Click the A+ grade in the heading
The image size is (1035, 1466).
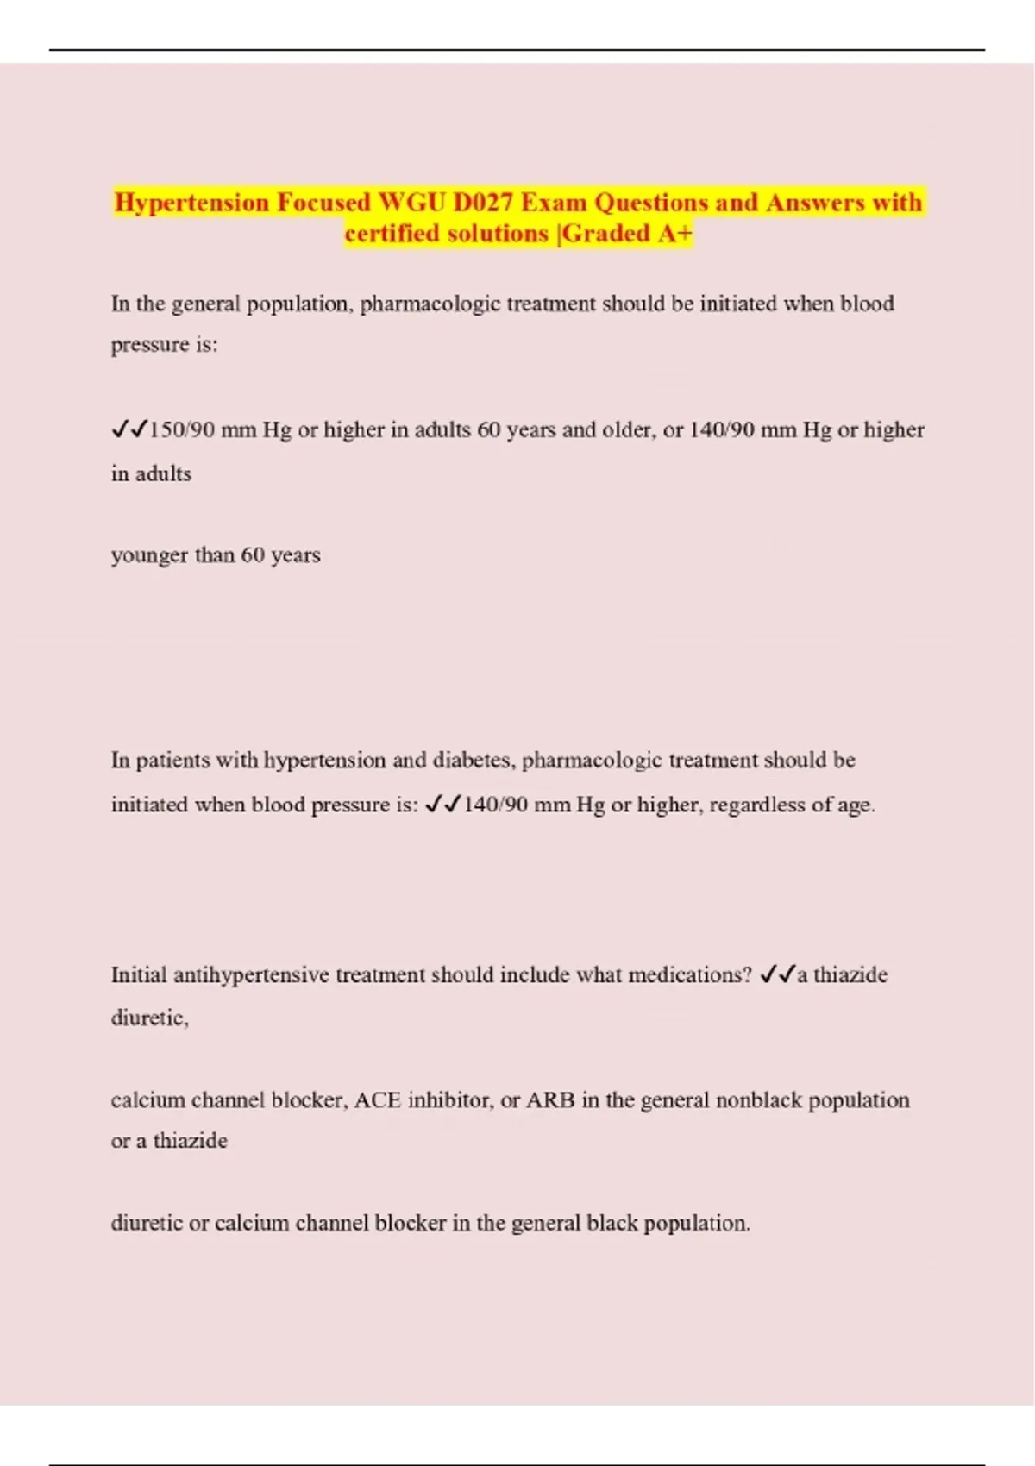pos(674,234)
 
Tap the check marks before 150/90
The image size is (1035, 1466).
pos(129,429)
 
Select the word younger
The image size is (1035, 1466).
pos(149,555)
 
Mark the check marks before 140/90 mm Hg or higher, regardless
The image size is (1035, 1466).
pos(443,805)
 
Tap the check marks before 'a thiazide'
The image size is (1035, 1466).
pos(777,974)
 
